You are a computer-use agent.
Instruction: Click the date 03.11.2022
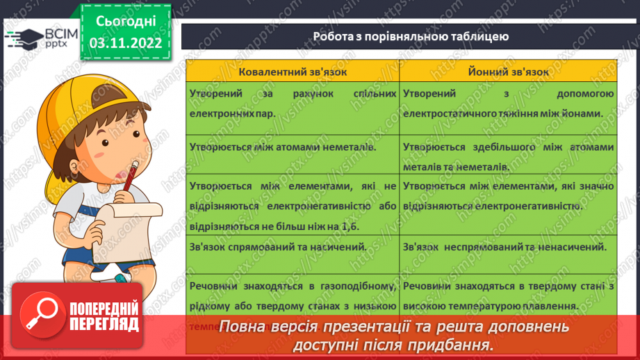(125, 42)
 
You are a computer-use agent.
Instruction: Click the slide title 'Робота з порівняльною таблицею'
(411, 36)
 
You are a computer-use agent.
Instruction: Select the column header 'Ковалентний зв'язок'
(293, 72)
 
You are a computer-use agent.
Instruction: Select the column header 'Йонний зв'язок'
(508, 72)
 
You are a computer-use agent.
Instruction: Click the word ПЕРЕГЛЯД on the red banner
(104, 324)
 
